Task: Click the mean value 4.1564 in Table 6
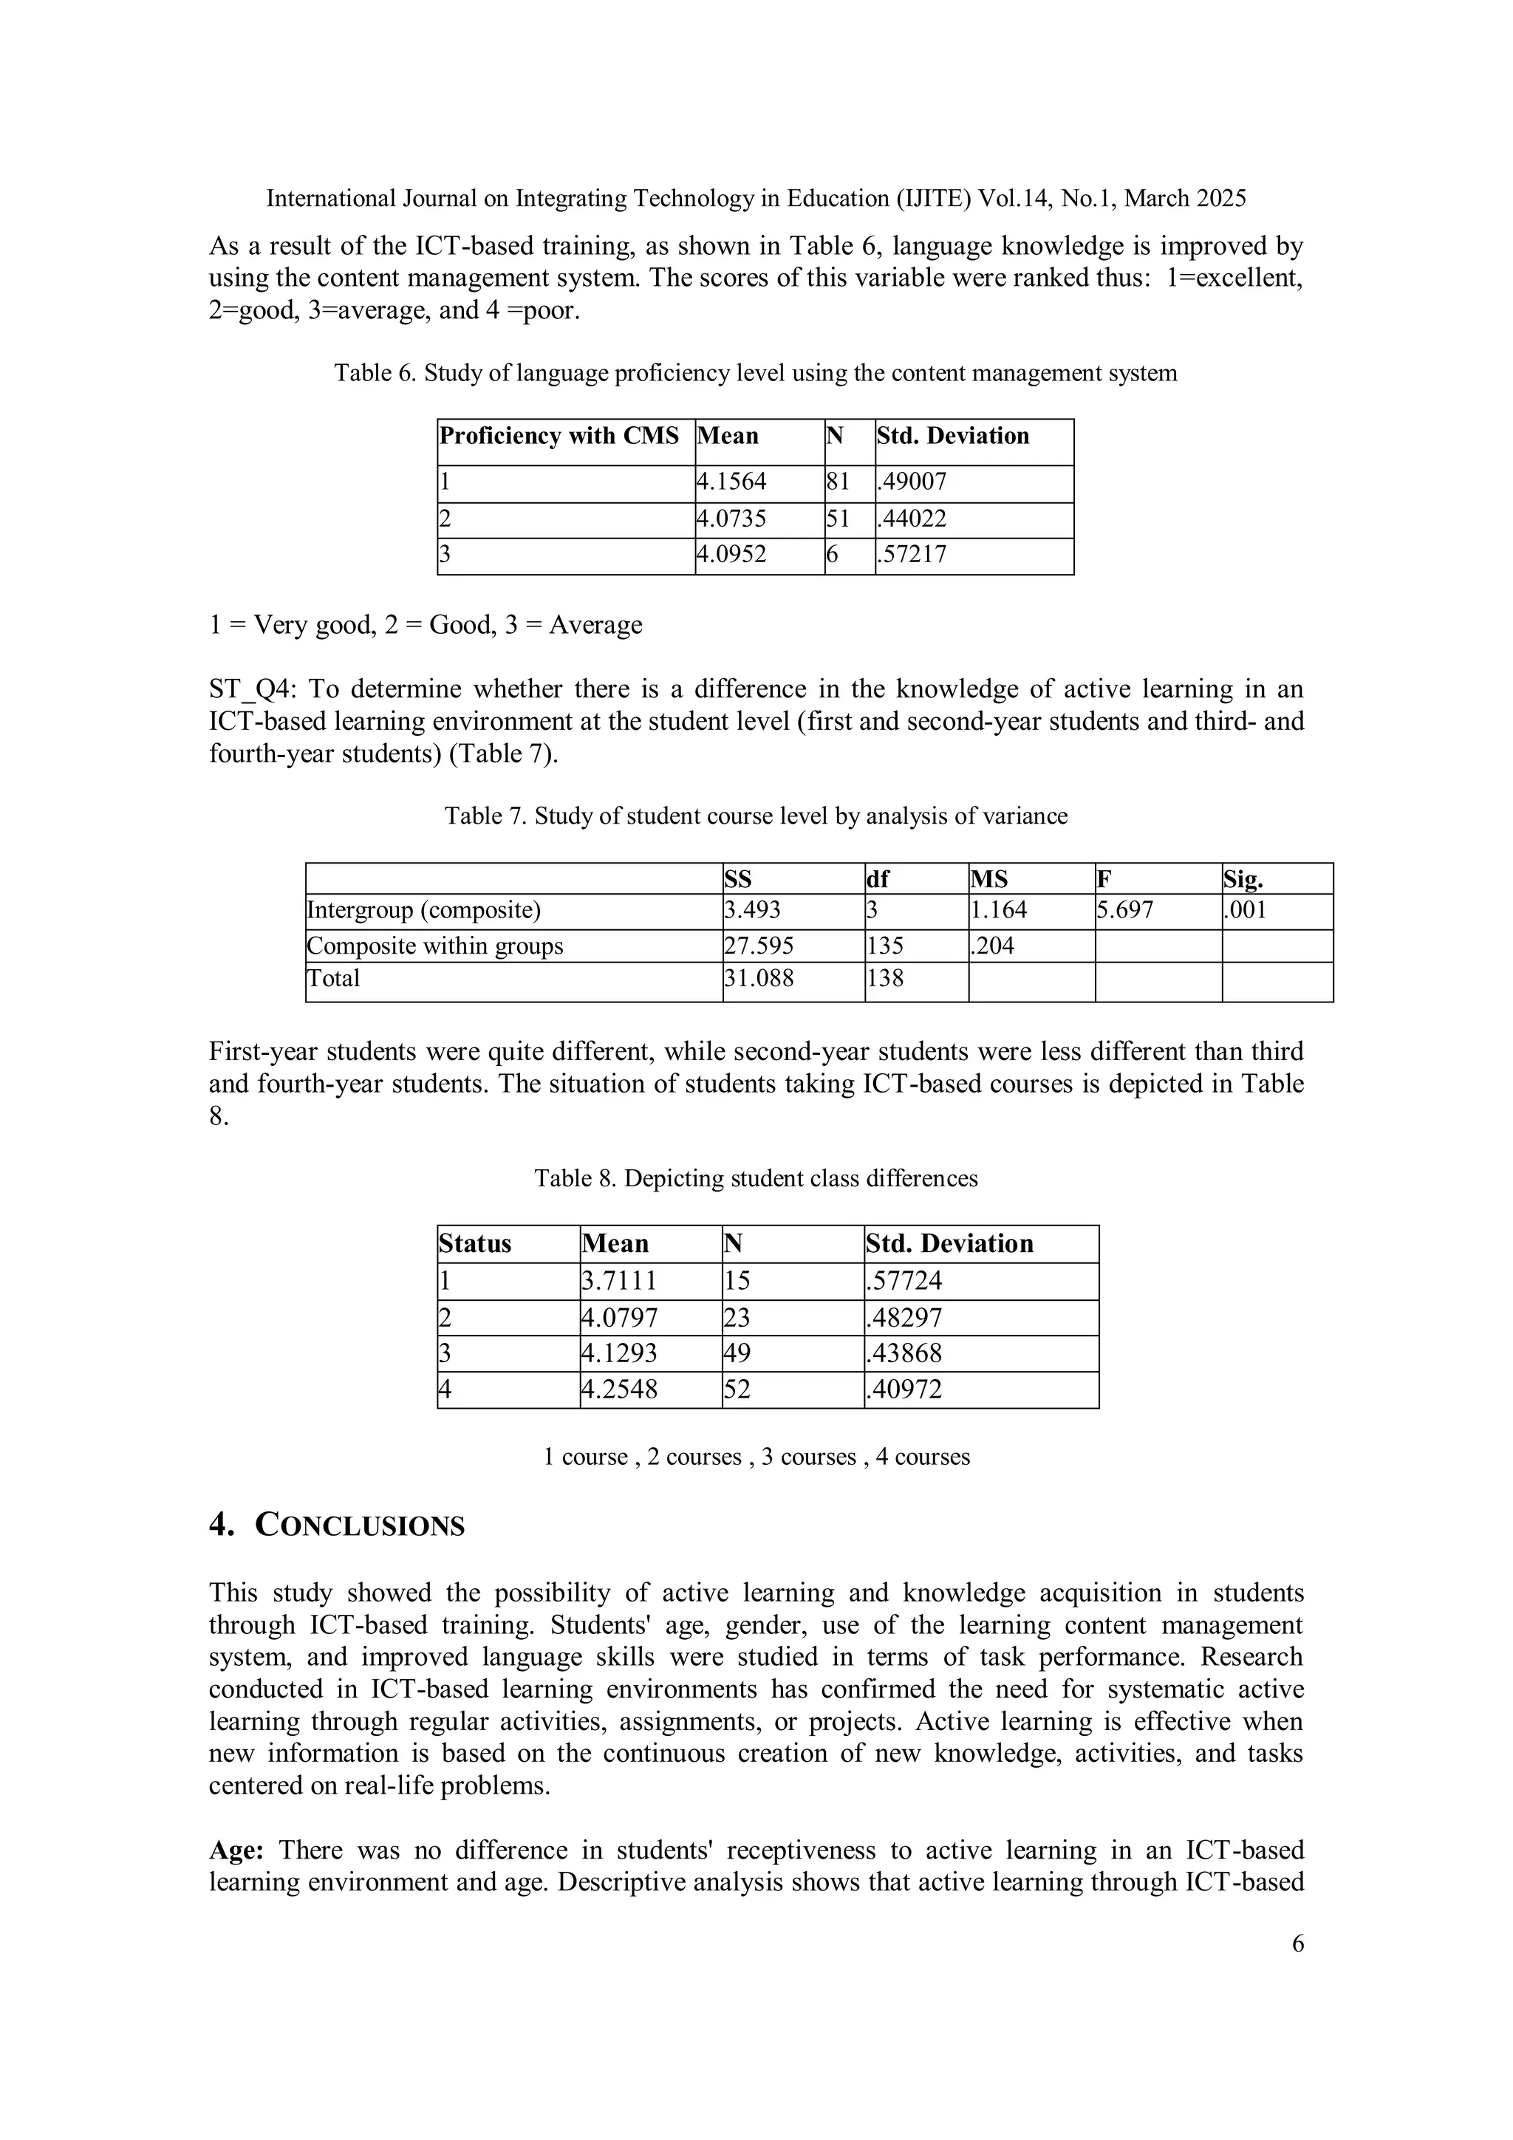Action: [732, 482]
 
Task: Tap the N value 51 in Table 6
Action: [837, 519]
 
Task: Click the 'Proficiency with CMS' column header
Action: [559, 437]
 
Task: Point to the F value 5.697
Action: [1125, 909]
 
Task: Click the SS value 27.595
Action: [759, 946]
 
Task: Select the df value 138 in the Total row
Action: [885, 978]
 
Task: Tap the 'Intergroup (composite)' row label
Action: [424, 909]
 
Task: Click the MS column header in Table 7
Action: [989, 879]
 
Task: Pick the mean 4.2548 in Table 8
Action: [619, 1389]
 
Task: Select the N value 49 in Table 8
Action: [737, 1353]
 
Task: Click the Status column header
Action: [476, 1243]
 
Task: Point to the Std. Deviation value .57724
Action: [904, 1281]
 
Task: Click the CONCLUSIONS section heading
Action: [359, 1526]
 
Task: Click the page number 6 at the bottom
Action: [1298, 1944]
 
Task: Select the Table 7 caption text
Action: [756, 816]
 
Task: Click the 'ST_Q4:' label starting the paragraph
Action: [252, 690]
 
